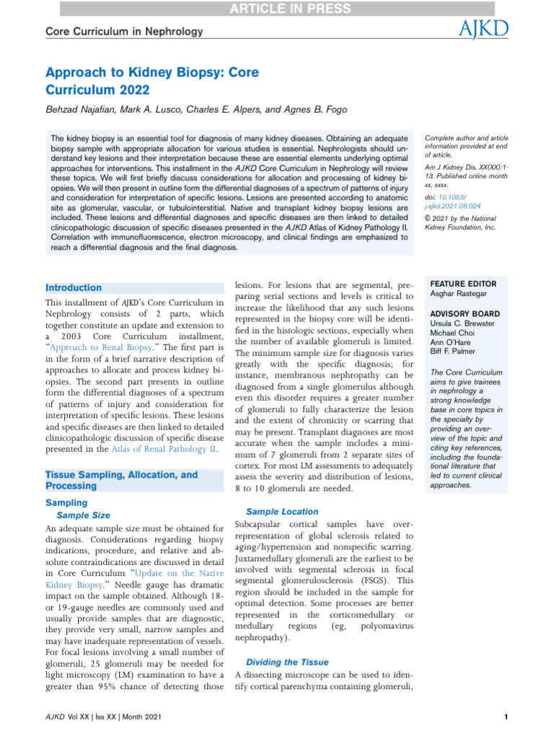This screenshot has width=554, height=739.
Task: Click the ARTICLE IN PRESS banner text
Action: tap(276, 9)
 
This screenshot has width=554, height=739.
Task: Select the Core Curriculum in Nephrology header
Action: tap(124, 31)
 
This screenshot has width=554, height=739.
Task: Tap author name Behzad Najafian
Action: tap(82, 110)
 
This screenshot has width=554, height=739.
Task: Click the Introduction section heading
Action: tap(74, 287)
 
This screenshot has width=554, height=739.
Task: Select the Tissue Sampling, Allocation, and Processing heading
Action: tap(121, 481)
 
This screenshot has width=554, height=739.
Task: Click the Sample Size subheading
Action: tap(83, 515)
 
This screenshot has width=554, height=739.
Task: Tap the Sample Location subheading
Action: tap(282, 511)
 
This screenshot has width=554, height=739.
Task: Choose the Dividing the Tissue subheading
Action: tap(287, 662)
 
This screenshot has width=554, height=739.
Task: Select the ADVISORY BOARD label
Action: tap(465, 314)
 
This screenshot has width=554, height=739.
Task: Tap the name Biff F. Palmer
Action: tap(456, 354)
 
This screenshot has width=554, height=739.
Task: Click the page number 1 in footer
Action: tap(507, 717)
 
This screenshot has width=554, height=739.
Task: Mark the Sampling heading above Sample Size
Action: tap(66, 502)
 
